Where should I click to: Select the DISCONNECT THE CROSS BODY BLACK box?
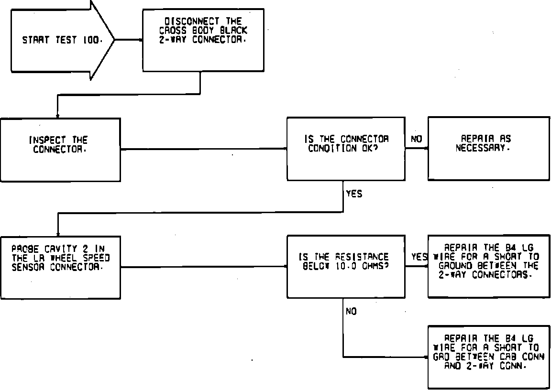[x=203, y=41]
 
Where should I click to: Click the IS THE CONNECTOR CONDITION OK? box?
[x=346, y=149]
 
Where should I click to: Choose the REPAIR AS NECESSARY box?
[x=488, y=148]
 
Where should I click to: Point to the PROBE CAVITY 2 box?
[x=60, y=267]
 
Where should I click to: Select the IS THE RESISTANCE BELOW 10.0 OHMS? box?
[x=346, y=266]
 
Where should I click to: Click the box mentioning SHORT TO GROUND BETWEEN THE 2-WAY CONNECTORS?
[x=488, y=266]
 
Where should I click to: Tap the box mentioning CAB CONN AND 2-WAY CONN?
[x=488, y=357]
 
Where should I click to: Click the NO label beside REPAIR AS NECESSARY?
[x=416, y=139]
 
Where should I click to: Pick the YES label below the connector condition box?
[x=353, y=194]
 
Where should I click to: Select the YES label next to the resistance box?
[x=419, y=257]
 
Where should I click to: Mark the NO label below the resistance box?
[x=351, y=312]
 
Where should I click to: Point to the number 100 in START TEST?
[x=91, y=41]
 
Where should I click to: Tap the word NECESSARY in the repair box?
[x=483, y=148]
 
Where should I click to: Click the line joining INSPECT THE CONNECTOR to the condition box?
[x=203, y=149]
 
